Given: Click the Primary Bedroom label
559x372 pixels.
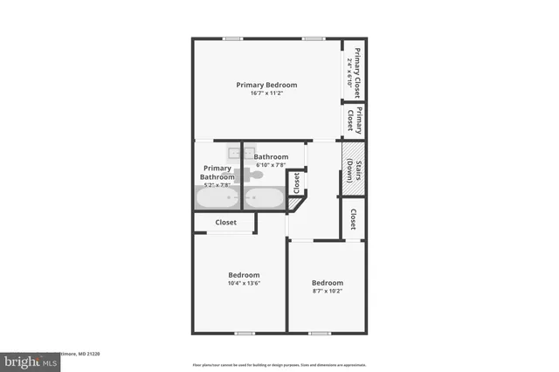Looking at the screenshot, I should pyautogui.click(x=266, y=85).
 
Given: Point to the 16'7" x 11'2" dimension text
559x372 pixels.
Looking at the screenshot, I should pyautogui.click(x=266, y=93).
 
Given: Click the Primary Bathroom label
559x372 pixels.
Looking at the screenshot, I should pyautogui.click(x=217, y=172).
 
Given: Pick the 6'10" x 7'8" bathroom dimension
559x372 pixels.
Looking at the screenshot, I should pyautogui.click(x=271, y=165).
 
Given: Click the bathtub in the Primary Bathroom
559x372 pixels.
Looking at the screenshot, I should pyautogui.click(x=217, y=198).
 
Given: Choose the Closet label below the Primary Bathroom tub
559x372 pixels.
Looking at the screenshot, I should pyautogui.click(x=225, y=223).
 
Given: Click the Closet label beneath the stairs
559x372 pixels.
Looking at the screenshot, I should pyautogui.click(x=353, y=218).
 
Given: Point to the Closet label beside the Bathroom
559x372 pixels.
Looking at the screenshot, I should pyautogui.click(x=296, y=182).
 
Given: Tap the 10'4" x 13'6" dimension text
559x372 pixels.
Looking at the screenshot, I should pyautogui.click(x=238, y=282).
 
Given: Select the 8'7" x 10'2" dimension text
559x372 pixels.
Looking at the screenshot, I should pyautogui.click(x=328, y=291).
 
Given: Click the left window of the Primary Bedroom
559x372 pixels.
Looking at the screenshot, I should pyautogui.click(x=232, y=38).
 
